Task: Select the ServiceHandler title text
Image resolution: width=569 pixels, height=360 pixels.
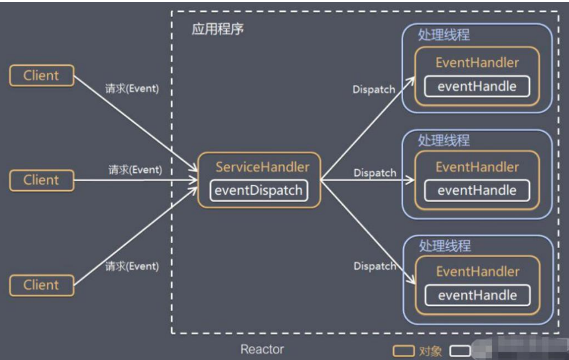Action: (262, 167)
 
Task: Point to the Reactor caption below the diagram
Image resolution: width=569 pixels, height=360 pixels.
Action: (262, 349)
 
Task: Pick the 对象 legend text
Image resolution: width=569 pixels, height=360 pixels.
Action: (430, 351)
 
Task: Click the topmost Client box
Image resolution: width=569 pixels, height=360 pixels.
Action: (41, 76)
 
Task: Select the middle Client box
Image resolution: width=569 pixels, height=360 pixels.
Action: (41, 180)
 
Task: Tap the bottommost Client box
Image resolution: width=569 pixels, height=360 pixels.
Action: (41, 285)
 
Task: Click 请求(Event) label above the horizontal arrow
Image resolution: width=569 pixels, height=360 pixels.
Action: (135, 170)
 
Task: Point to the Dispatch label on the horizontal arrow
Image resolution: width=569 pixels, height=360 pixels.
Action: (375, 173)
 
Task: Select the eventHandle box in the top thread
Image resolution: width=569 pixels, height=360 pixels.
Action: (477, 86)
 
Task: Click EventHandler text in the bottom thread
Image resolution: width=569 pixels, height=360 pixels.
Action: (477, 272)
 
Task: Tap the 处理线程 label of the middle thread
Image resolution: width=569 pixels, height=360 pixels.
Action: (444, 140)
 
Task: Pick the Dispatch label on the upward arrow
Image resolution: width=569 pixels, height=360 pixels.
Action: (373, 90)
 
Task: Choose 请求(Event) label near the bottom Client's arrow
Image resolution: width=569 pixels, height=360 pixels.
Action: (132, 266)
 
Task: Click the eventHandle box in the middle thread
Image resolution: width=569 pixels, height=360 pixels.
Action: (477, 191)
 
